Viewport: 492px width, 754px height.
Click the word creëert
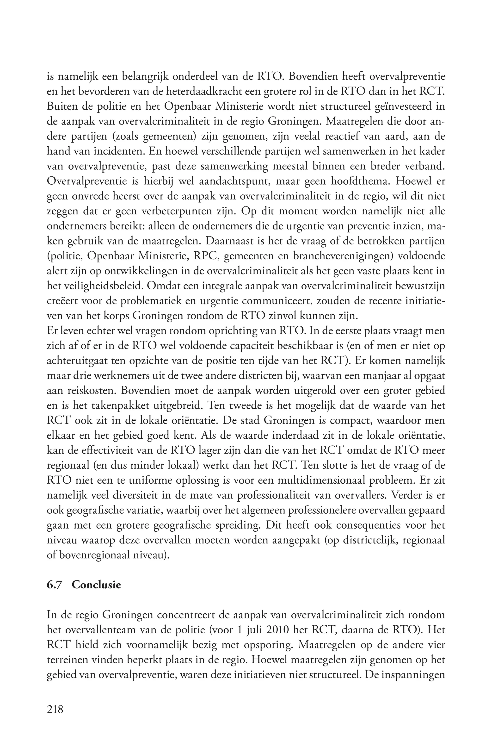pos(62,301)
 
